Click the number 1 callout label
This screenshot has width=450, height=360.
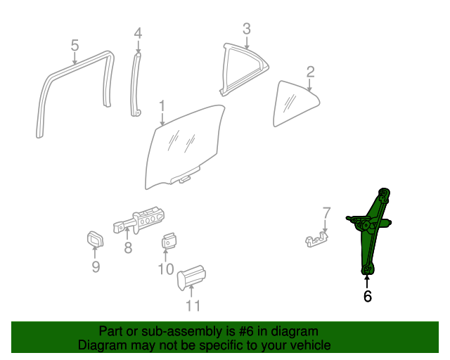pos(162,106)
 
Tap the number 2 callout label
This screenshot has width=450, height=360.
pos(311,72)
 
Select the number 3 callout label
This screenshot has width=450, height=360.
pos(247,29)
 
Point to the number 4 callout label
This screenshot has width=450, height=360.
pos(138,33)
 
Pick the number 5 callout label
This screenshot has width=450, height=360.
pos(75,46)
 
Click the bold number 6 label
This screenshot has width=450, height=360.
pos(367,296)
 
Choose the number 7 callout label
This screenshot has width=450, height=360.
pos(326,213)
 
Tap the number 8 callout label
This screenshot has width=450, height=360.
pos(128,247)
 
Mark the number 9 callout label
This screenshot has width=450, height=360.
pos(96,266)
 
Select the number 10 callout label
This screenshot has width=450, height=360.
pos(166,269)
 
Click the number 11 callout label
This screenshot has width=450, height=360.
pos(193,306)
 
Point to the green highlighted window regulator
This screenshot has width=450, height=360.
pos(369,230)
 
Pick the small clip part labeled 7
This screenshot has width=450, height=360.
pos(316,240)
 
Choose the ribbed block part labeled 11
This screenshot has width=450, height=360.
pos(191,277)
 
